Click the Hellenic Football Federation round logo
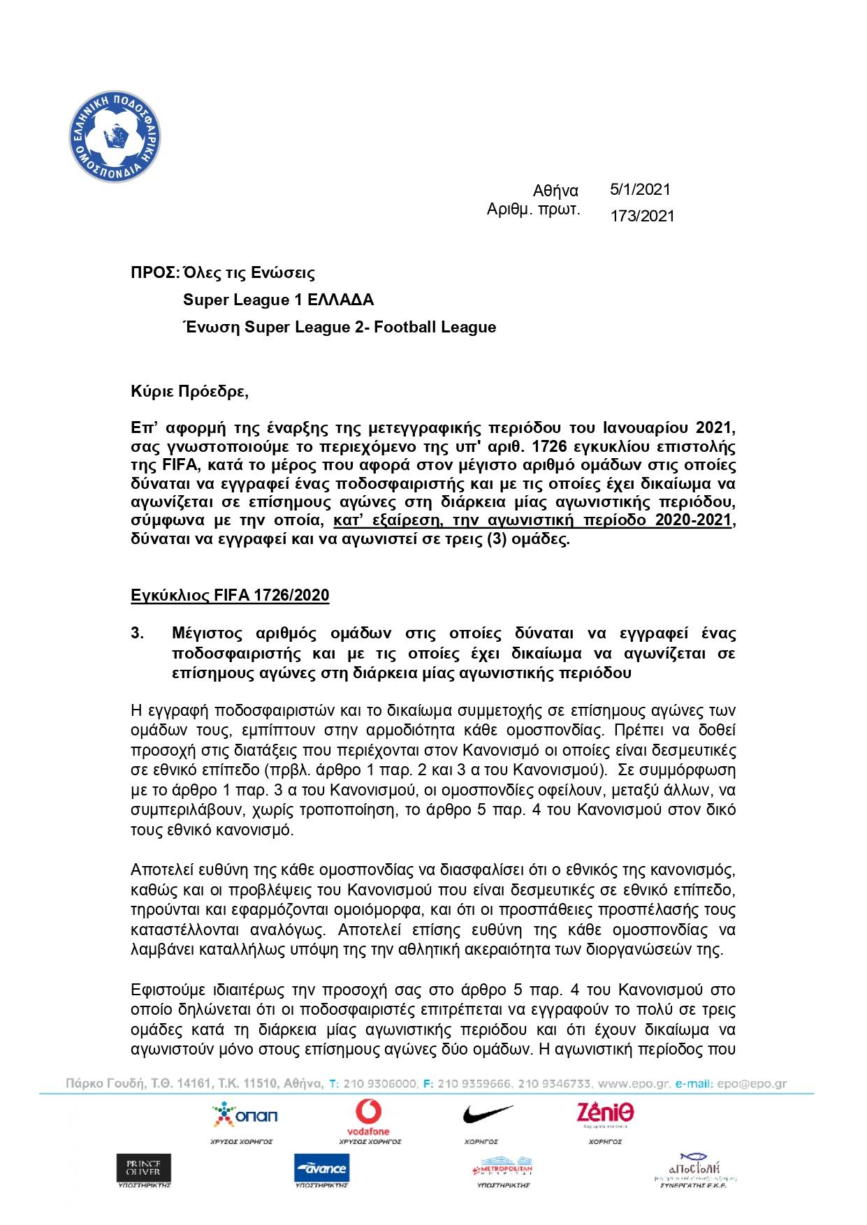click(115, 137)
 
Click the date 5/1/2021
click(640, 189)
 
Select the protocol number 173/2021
click(642, 216)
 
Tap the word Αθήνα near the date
click(555, 191)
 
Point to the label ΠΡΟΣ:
click(155, 273)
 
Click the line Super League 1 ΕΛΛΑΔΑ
click(278, 300)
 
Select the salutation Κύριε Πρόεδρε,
click(189, 391)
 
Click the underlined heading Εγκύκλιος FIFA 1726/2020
click(230, 595)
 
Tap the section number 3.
click(138, 633)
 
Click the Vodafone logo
click(368, 1117)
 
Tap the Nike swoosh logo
click(488, 1114)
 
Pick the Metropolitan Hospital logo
click(503, 1169)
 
